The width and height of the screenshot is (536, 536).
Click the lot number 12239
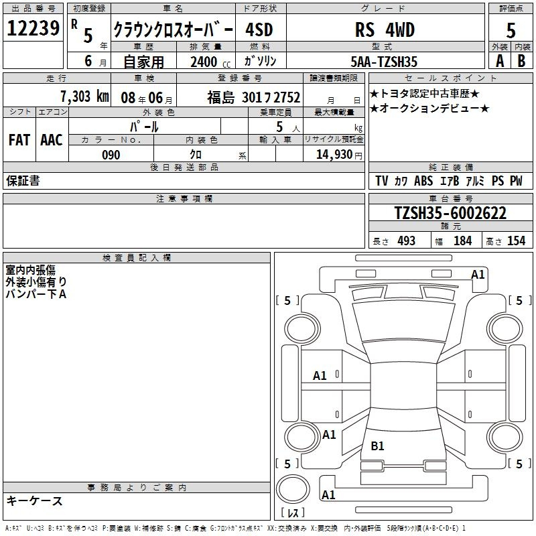click(x=33, y=28)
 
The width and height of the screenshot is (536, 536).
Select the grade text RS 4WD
click(x=385, y=29)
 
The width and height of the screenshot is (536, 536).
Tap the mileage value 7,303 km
click(x=85, y=96)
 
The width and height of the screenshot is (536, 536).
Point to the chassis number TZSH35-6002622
click(x=450, y=213)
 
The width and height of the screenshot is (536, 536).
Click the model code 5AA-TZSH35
click(x=384, y=62)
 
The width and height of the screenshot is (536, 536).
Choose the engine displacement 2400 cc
click(x=210, y=62)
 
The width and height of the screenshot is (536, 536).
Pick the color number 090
click(x=111, y=155)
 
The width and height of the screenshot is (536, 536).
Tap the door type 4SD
click(x=259, y=29)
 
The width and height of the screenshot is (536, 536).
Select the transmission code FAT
click(x=19, y=140)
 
